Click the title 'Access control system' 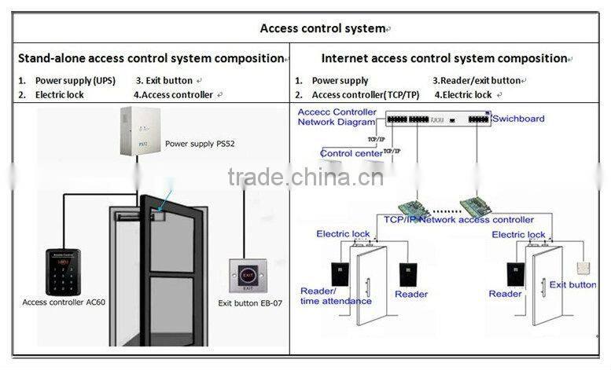[x=323, y=29]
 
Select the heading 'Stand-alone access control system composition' [x=150, y=58]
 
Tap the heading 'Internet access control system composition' [x=444, y=58]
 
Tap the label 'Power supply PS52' [x=200, y=145]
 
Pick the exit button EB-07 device [x=248, y=276]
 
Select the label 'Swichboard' [x=518, y=119]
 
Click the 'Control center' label [x=352, y=153]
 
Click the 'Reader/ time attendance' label [x=336, y=296]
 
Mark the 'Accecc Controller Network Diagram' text [x=337, y=117]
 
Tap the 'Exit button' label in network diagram [x=572, y=284]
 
